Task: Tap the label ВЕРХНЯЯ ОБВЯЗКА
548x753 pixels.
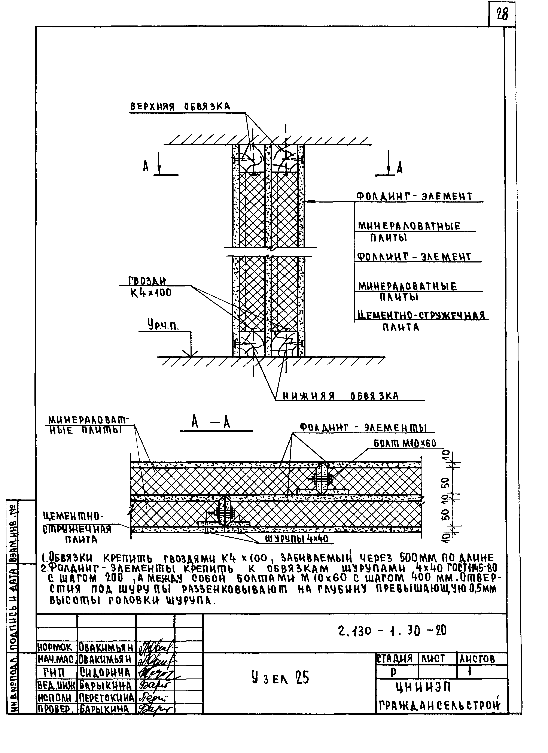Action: tap(180, 107)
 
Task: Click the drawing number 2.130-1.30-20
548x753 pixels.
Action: tap(392, 631)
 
